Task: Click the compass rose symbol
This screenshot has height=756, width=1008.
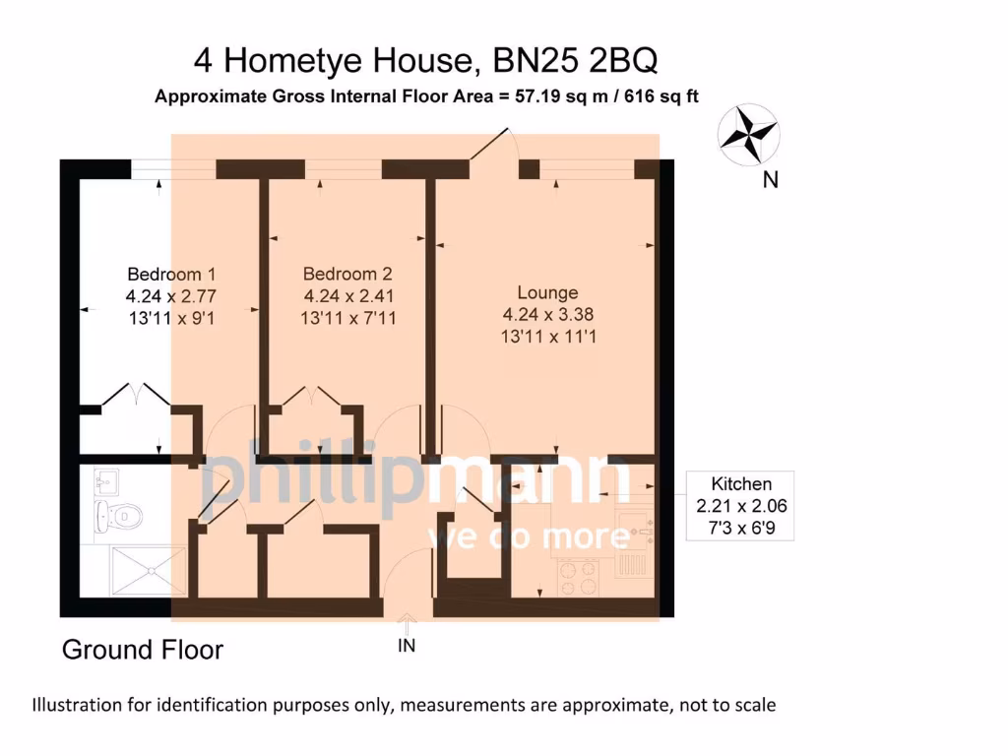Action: (x=749, y=135)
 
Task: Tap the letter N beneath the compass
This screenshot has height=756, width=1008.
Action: (x=772, y=180)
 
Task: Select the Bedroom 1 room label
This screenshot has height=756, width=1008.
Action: (x=171, y=274)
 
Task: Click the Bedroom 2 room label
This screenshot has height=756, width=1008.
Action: (x=348, y=274)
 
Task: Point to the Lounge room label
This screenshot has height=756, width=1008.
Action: (x=548, y=292)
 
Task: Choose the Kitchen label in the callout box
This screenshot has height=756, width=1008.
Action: (x=741, y=483)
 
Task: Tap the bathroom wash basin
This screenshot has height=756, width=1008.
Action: (x=106, y=481)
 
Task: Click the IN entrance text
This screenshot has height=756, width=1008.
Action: (x=407, y=646)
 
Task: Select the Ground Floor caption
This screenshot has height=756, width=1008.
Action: (x=143, y=650)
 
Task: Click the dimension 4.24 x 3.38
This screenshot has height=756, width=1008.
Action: (x=548, y=315)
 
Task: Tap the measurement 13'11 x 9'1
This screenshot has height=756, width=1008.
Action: (x=171, y=318)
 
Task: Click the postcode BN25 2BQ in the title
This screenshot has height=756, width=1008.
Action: (x=573, y=61)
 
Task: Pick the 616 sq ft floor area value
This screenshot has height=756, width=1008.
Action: (x=660, y=96)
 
